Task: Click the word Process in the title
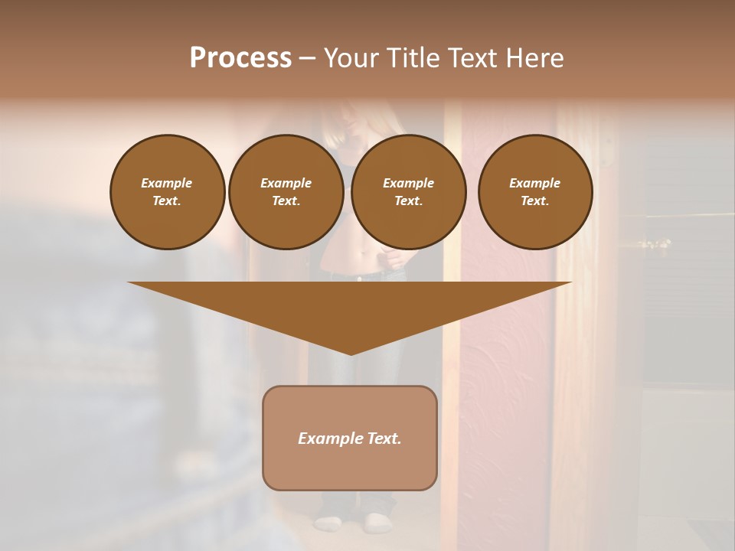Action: click(x=240, y=58)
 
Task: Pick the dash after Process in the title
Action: click(x=307, y=60)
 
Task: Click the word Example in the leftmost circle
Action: click(x=167, y=183)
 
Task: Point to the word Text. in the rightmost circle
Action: click(x=535, y=201)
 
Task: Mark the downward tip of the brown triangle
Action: click(x=351, y=353)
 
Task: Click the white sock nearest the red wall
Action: click(x=377, y=523)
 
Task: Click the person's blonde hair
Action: click(x=337, y=126)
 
